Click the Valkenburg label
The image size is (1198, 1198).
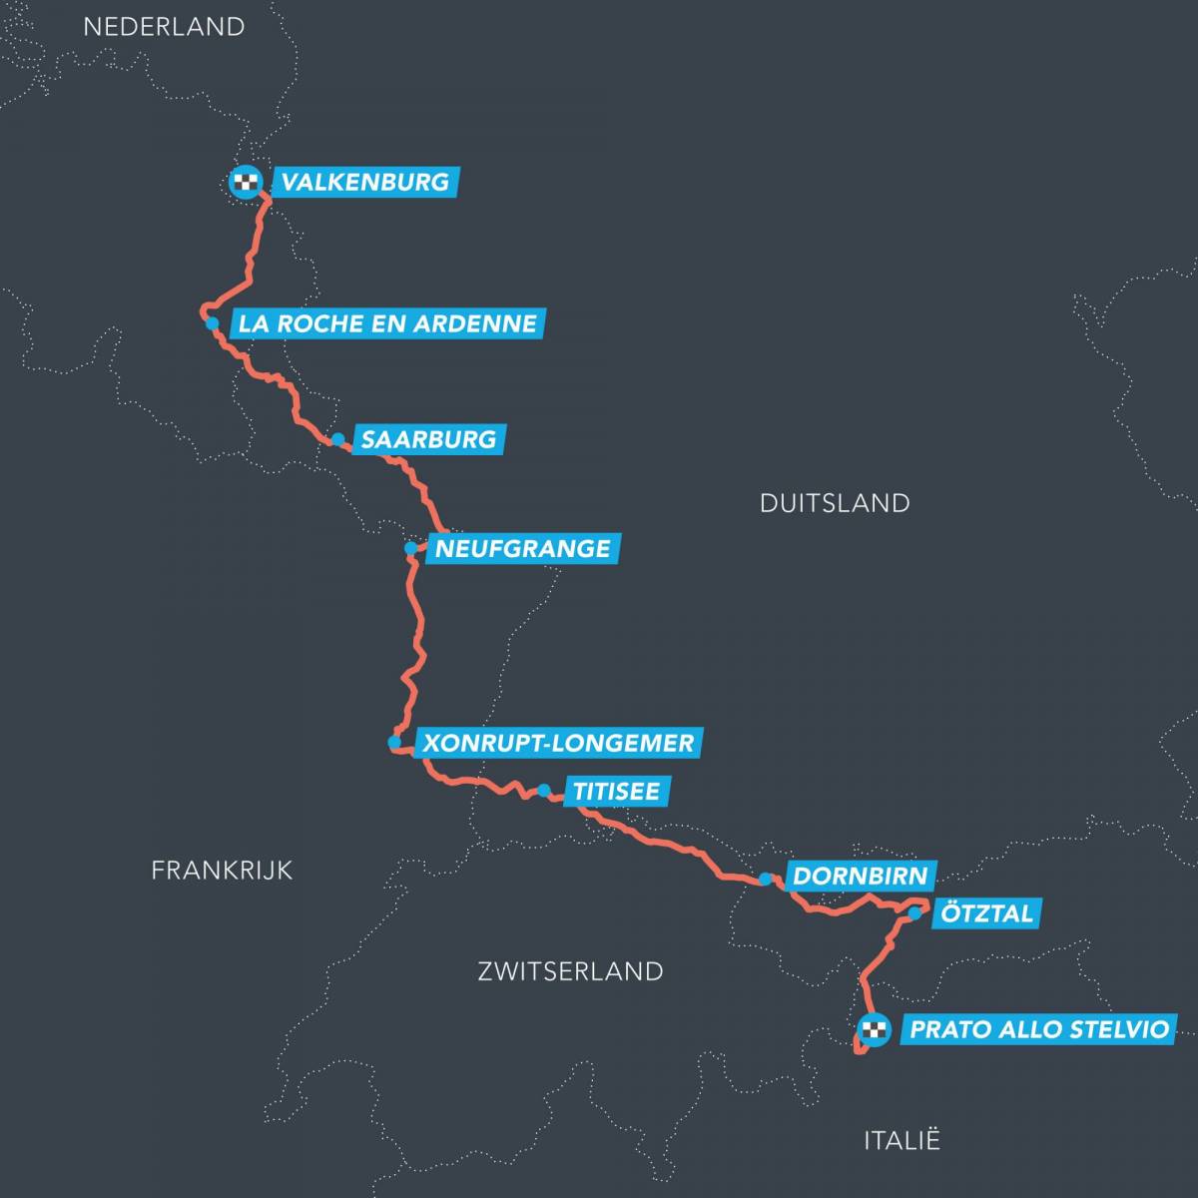(x=364, y=182)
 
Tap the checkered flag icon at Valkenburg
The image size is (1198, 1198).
(x=246, y=183)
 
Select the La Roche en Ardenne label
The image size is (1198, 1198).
(x=387, y=323)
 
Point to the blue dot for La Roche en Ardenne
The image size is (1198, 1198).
(x=212, y=323)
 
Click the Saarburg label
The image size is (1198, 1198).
(x=428, y=439)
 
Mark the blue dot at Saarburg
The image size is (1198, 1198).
(x=337, y=439)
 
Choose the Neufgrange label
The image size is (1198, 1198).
(x=522, y=548)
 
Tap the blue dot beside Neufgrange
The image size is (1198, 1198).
(x=410, y=548)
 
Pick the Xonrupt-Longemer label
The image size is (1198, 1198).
(x=557, y=743)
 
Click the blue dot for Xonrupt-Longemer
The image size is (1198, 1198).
(x=394, y=743)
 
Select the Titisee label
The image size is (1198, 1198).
(x=615, y=792)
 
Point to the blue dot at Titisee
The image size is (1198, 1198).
(x=544, y=791)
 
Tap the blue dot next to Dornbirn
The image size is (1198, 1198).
(x=765, y=879)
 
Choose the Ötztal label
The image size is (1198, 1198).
(x=986, y=912)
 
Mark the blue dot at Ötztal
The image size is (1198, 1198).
(x=914, y=912)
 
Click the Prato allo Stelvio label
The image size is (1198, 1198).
(x=1038, y=1029)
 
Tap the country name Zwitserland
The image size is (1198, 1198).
(x=570, y=970)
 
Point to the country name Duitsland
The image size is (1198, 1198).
(x=835, y=502)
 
